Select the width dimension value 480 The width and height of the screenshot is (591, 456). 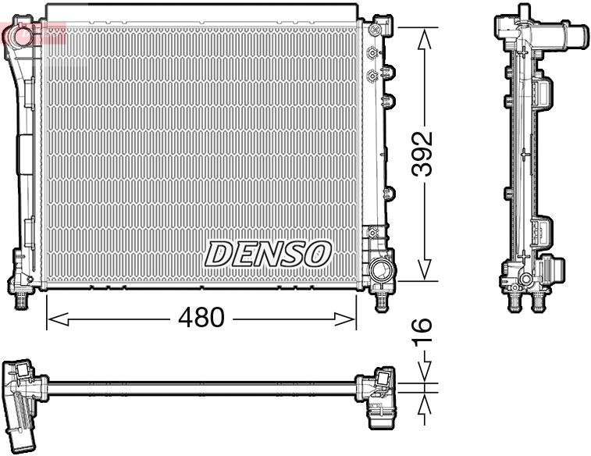[x=201, y=318]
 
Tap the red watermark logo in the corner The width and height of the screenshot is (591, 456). [x=22, y=33]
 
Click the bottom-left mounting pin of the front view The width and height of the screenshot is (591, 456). [x=22, y=299]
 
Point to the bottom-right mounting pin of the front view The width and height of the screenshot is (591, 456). [x=381, y=300]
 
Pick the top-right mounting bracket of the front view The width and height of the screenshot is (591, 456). [x=379, y=27]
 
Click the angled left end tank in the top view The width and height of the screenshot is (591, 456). [x=22, y=398]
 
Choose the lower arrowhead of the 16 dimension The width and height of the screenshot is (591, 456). [x=423, y=403]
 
